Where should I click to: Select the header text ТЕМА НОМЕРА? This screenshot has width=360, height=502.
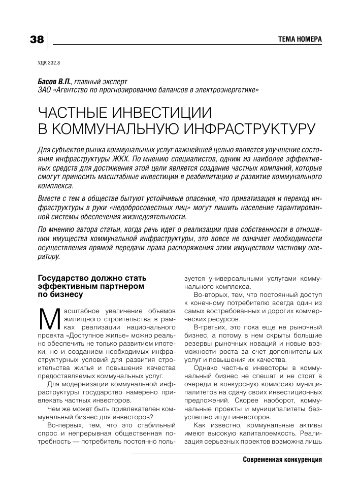pos(300,40)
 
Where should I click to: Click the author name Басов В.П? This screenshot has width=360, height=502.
pos(55,81)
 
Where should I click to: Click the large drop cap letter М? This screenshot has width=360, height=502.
pos(47,318)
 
